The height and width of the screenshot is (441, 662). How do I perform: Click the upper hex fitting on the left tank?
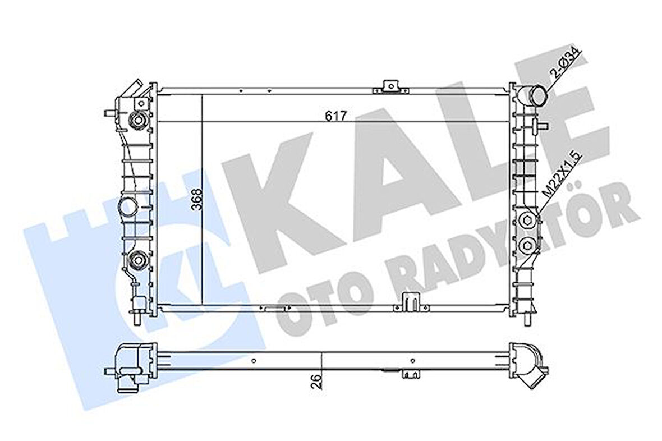point(137,119)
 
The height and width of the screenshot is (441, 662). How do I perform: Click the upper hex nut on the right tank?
point(528,220)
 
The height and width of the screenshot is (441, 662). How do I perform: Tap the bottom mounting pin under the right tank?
point(527,319)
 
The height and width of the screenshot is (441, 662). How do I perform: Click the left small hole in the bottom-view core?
point(254,361)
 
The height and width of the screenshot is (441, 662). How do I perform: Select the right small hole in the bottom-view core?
point(412,361)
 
